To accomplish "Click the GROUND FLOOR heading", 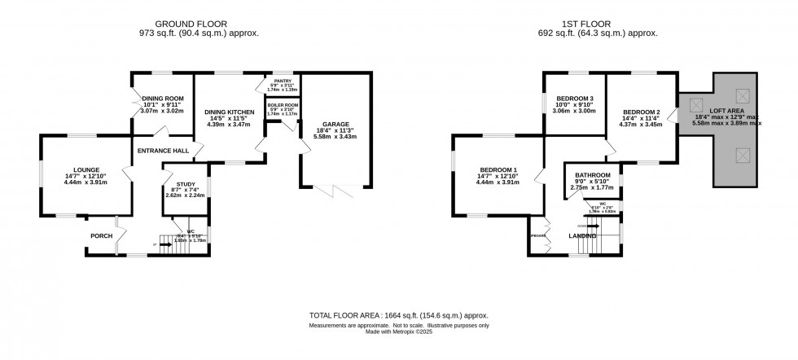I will click(x=191, y=24).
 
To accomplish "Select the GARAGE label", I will click(x=335, y=125).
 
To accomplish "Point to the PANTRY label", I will click(x=283, y=81).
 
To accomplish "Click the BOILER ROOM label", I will click(x=283, y=105).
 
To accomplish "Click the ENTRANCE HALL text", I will click(x=163, y=151).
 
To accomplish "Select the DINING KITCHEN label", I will click(x=229, y=112).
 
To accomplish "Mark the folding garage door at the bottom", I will click(x=335, y=191).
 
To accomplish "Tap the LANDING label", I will click(x=581, y=236).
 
